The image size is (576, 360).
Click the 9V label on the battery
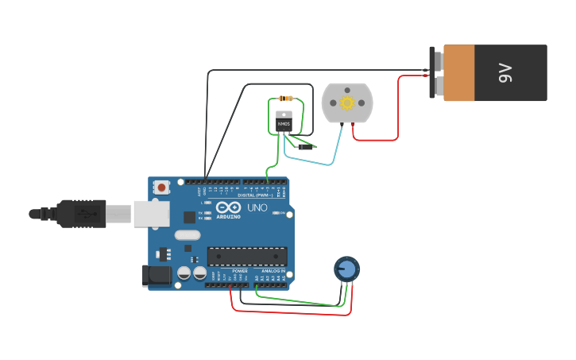click(505, 73)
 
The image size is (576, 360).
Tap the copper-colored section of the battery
click(459, 73)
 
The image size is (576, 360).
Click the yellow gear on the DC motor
click(346, 103)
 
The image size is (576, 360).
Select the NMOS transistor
click(284, 120)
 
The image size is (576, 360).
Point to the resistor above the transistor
click(285, 99)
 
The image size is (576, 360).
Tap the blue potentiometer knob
click(346, 269)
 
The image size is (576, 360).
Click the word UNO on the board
click(257, 207)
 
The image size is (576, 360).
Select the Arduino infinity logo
click(228, 207)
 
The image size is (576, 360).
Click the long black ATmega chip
click(247, 256)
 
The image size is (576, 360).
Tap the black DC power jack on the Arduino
click(157, 276)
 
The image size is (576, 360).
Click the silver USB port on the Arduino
click(151, 213)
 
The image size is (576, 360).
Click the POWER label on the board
click(240, 271)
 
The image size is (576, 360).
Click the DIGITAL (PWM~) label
click(255, 195)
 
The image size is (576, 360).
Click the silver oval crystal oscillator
click(187, 234)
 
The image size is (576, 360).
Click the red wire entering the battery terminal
click(413, 76)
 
